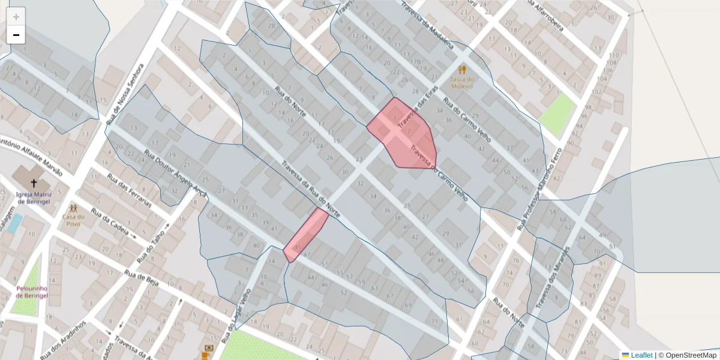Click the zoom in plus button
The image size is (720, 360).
pos(16,17)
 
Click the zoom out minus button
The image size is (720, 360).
pos(16,35)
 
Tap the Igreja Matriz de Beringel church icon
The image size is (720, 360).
pos(34,184)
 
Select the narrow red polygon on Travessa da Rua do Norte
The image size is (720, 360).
pos(306,234)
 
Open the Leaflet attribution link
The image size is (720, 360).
pos(641,355)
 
